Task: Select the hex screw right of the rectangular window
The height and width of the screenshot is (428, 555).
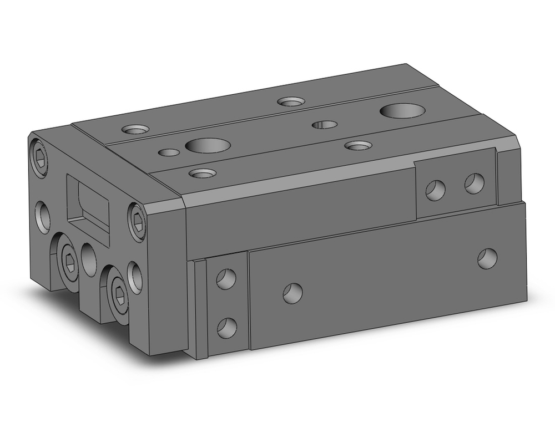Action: tap(137, 224)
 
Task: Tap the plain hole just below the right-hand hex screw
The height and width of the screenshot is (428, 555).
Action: tap(135, 277)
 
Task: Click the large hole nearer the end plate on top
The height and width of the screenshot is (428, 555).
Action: tap(208, 146)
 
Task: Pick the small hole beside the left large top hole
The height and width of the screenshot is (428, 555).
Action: tap(169, 152)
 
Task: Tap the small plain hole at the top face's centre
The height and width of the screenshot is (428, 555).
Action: tap(325, 124)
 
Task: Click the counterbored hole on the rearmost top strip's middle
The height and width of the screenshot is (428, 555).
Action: tap(291, 101)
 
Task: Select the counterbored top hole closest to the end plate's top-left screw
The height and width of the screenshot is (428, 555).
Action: tap(135, 130)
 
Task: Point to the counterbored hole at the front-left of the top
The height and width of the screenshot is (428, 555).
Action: tap(202, 174)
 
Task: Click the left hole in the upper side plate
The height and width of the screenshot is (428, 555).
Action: tap(435, 190)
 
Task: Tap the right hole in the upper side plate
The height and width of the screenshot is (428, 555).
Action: tap(474, 184)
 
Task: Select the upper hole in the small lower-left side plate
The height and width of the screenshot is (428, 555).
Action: tap(226, 278)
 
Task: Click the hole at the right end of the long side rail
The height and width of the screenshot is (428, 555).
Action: tap(487, 258)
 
